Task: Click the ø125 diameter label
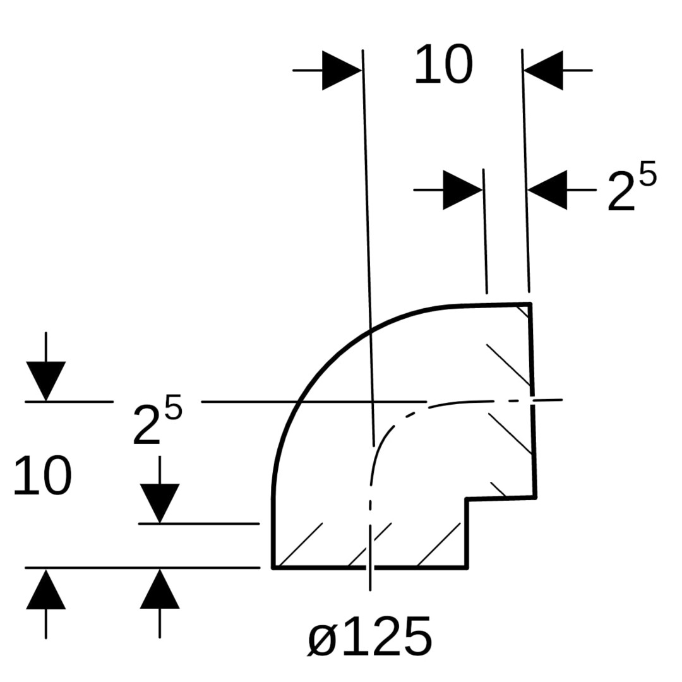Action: pos(370,636)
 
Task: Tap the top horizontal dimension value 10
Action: pos(443,64)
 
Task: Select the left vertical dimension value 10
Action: pos(42,476)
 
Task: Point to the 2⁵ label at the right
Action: pos(631,186)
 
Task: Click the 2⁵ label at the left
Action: pos(157,420)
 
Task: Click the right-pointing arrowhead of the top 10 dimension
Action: pos(342,70)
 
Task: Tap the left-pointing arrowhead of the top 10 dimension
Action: pos(543,70)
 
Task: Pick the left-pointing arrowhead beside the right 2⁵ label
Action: pos(547,190)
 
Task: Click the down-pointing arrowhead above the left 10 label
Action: pos(45,381)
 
